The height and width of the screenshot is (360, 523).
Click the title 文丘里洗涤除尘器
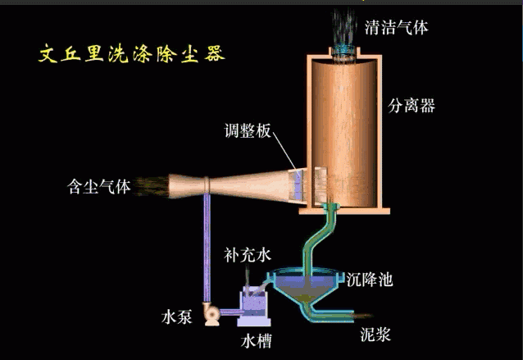pyautogui.click(x=132, y=54)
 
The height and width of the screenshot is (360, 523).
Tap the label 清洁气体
pyautogui.click(x=398, y=28)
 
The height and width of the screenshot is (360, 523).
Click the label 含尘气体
pyautogui.click(x=99, y=186)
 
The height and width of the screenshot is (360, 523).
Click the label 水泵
pyautogui.click(x=178, y=316)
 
